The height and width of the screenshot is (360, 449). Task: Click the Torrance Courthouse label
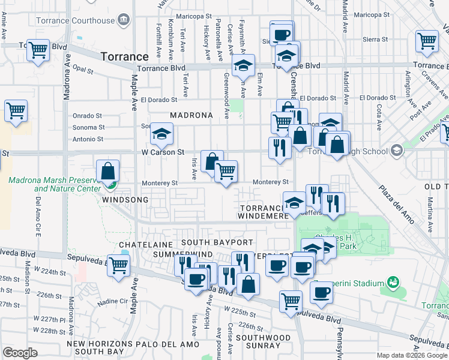click(x=79, y=20)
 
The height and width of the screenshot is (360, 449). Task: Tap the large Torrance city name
click(x=124, y=56)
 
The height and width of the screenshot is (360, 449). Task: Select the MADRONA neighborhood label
click(x=191, y=115)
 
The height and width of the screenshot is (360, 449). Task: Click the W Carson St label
click(x=163, y=152)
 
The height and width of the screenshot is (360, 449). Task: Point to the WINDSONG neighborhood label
click(x=125, y=199)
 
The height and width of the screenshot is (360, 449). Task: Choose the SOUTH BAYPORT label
click(x=217, y=242)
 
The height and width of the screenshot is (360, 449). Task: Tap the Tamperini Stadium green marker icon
click(x=393, y=281)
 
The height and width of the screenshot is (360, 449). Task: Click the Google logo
click(x=20, y=352)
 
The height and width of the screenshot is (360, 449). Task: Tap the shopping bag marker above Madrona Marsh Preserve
click(x=107, y=171)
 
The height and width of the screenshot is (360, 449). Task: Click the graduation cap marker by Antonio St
click(x=161, y=135)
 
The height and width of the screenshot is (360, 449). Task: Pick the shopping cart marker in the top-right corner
click(x=427, y=41)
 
